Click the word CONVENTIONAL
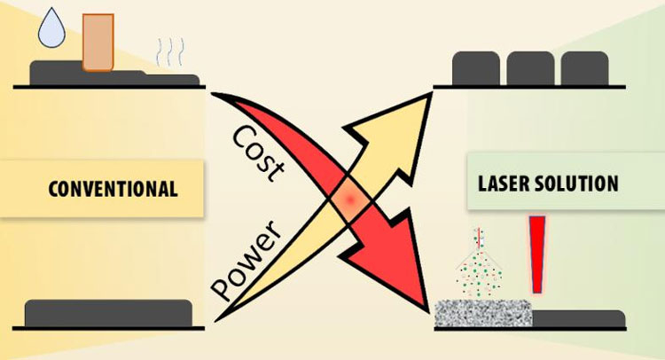[x=113, y=189]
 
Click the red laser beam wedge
[x=536, y=253]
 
